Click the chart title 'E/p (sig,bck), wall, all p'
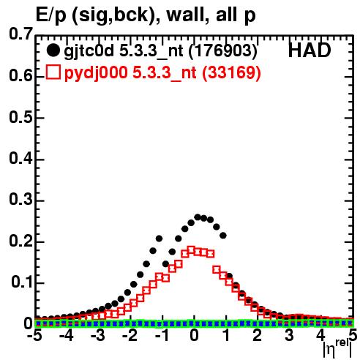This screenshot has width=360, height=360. pyautogui.click(x=146, y=15)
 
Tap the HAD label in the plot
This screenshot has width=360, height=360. pyautogui.click(x=310, y=50)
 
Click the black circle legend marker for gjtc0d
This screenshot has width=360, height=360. pyautogui.click(x=53, y=50)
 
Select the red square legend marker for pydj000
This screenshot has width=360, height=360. pyautogui.click(x=53, y=72)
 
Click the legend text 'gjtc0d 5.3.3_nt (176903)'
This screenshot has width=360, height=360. pyautogui.click(x=160, y=51)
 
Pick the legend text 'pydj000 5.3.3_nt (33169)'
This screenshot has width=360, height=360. pyautogui.click(x=162, y=72)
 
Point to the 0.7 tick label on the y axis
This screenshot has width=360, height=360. pyautogui.click(x=20, y=34)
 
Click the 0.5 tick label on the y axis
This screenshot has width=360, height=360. pyautogui.click(x=20, y=118)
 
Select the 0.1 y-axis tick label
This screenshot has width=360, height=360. pyautogui.click(x=22, y=282)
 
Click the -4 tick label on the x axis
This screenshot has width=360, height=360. pyautogui.click(x=66, y=336)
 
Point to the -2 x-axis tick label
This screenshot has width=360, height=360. pyautogui.click(x=130, y=336)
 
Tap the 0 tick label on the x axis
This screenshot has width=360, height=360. pyautogui.click(x=194, y=336)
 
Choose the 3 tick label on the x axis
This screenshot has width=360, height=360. pyautogui.click(x=289, y=336)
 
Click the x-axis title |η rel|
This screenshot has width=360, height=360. pyautogui.click(x=337, y=349)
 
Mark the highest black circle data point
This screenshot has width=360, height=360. pyautogui.click(x=198, y=217)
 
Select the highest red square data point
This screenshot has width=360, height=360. pyautogui.click(x=192, y=250)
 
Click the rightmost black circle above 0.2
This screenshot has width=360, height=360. pyautogui.click(x=223, y=236)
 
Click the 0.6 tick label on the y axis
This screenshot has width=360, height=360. pyautogui.click(x=20, y=76)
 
